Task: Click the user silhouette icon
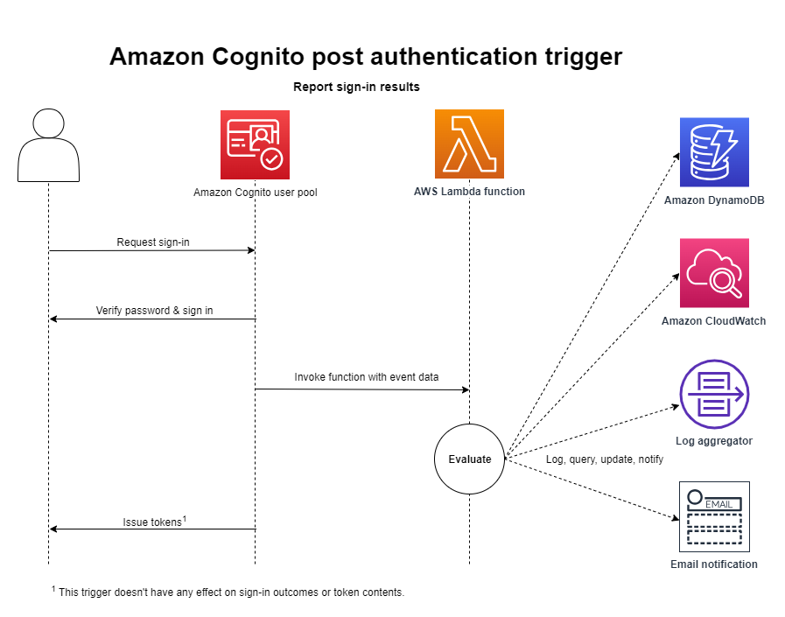pyautogui.click(x=48, y=145)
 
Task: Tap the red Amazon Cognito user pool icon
pyautogui.click(x=255, y=145)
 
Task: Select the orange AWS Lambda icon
pyautogui.click(x=469, y=144)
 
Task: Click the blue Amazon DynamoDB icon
pyautogui.click(x=714, y=152)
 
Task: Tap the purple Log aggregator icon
pyautogui.click(x=714, y=394)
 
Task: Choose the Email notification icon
pyautogui.click(x=714, y=515)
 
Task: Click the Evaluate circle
pyautogui.click(x=470, y=459)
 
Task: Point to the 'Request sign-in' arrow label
pyautogui.click(x=153, y=242)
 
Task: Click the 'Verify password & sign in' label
pyautogui.click(x=154, y=311)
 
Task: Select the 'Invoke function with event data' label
pyautogui.click(x=366, y=377)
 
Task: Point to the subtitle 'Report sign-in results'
pyautogui.click(x=356, y=87)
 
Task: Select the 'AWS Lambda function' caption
pyautogui.click(x=469, y=191)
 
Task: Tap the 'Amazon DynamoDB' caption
pyautogui.click(x=714, y=200)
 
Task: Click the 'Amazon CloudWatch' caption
pyautogui.click(x=713, y=321)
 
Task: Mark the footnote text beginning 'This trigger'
pyautogui.click(x=230, y=592)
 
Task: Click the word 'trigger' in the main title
pyautogui.click(x=578, y=57)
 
